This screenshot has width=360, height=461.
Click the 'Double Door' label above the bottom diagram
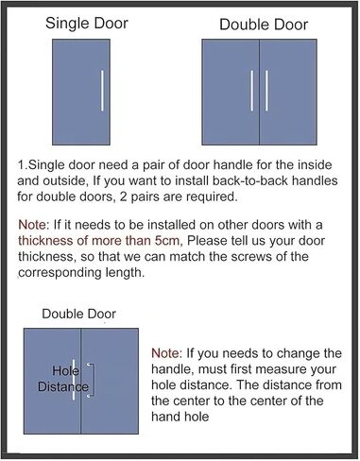coord(80,313)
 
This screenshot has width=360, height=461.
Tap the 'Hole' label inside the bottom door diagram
coord(65,370)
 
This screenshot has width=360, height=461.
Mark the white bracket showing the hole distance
coord(92,379)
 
